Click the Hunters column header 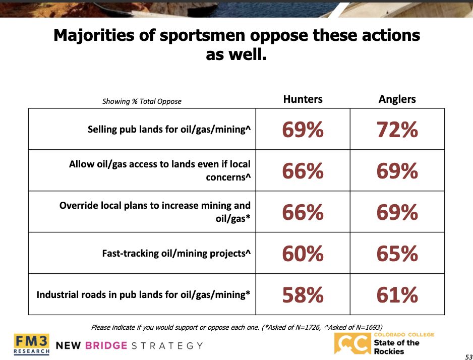tap(303, 99)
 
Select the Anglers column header tap(397, 99)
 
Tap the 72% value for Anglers tap(397, 130)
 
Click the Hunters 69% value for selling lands tap(303, 130)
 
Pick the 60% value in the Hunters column tap(303, 254)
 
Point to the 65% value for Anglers tap(397, 254)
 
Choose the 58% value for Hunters tap(303, 295)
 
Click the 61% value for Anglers tap(397, 295)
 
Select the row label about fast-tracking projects tap(176, 253)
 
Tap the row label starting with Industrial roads tap(143, 294)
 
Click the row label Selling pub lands tap(169, 130)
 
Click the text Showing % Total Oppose tap(142, 101)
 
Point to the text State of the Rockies tap(397, 347)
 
